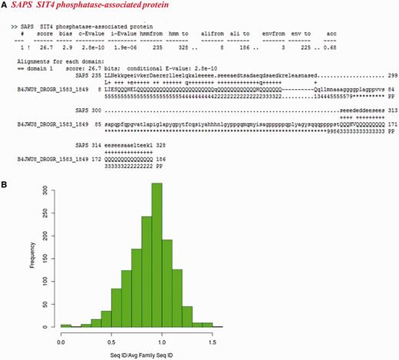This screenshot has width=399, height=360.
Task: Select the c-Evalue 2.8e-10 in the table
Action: pos(94,48)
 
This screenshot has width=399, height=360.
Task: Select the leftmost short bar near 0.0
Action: pos(66,325)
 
